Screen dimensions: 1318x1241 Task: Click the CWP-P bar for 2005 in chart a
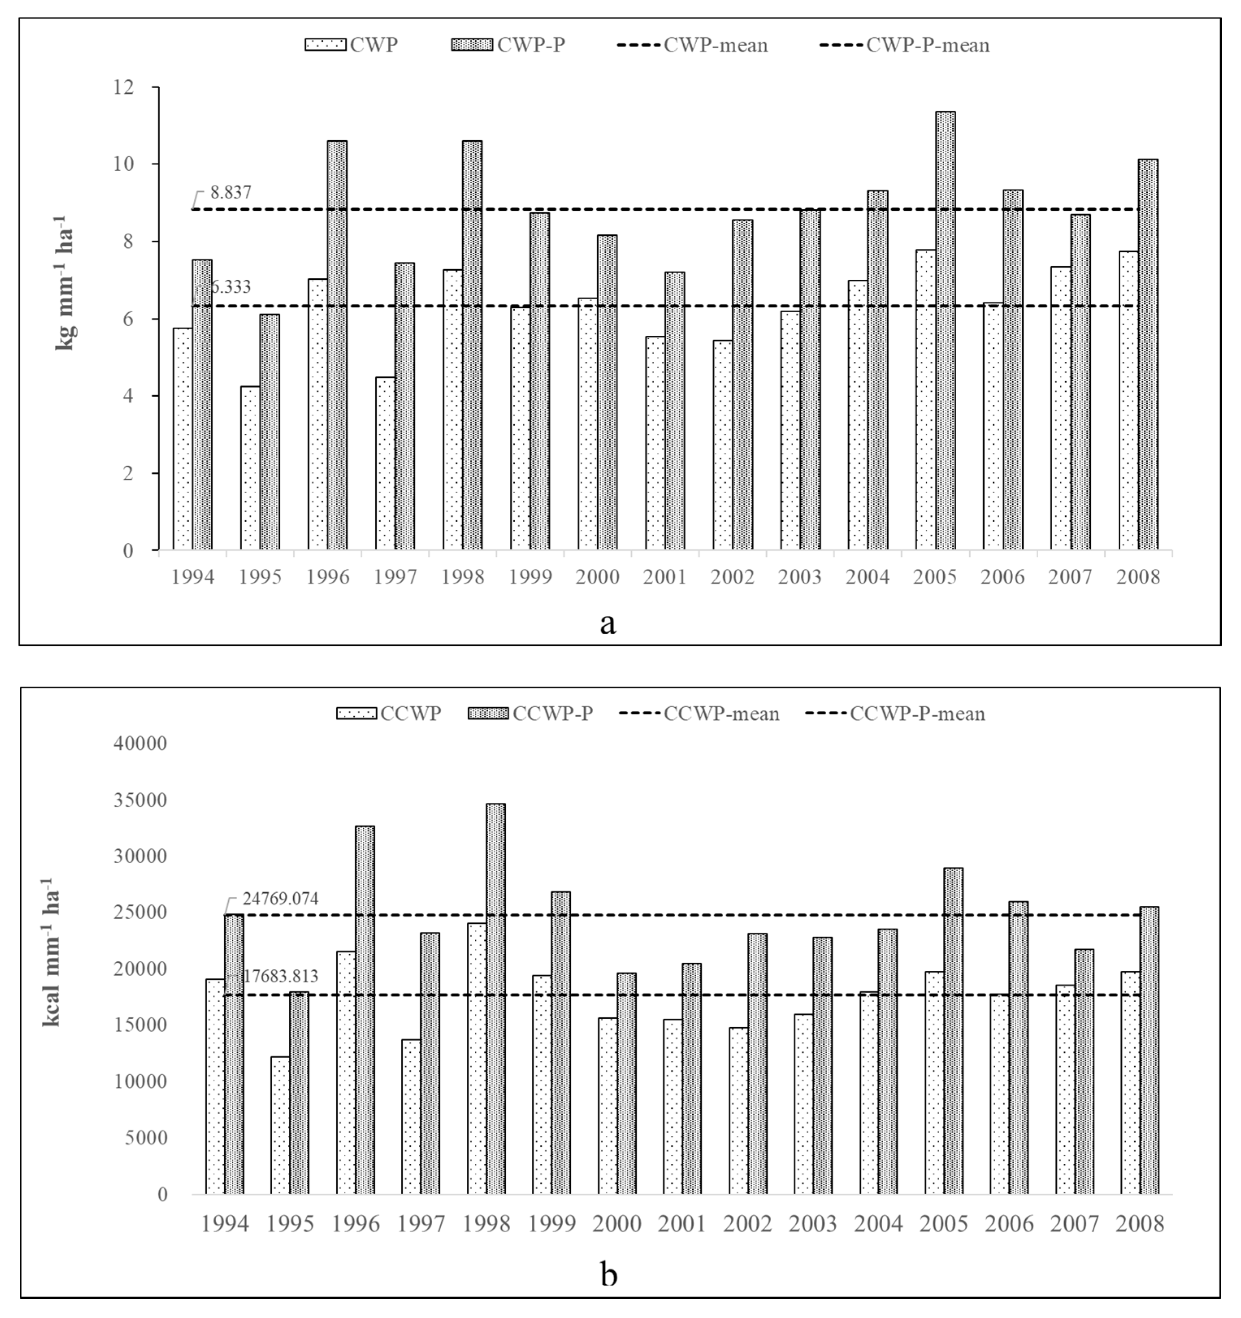945,331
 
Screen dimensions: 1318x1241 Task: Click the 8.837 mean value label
230,193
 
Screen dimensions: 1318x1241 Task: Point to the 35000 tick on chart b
141,800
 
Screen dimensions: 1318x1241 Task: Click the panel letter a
608,622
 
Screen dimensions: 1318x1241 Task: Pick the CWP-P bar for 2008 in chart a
1148,355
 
